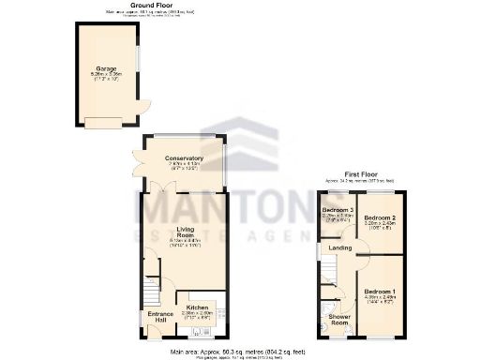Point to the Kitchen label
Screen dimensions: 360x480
(197, 307)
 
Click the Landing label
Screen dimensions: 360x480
(340, 248)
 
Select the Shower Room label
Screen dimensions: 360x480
(338, 320)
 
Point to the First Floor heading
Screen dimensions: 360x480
(361, 174)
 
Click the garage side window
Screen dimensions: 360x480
(139, 56)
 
